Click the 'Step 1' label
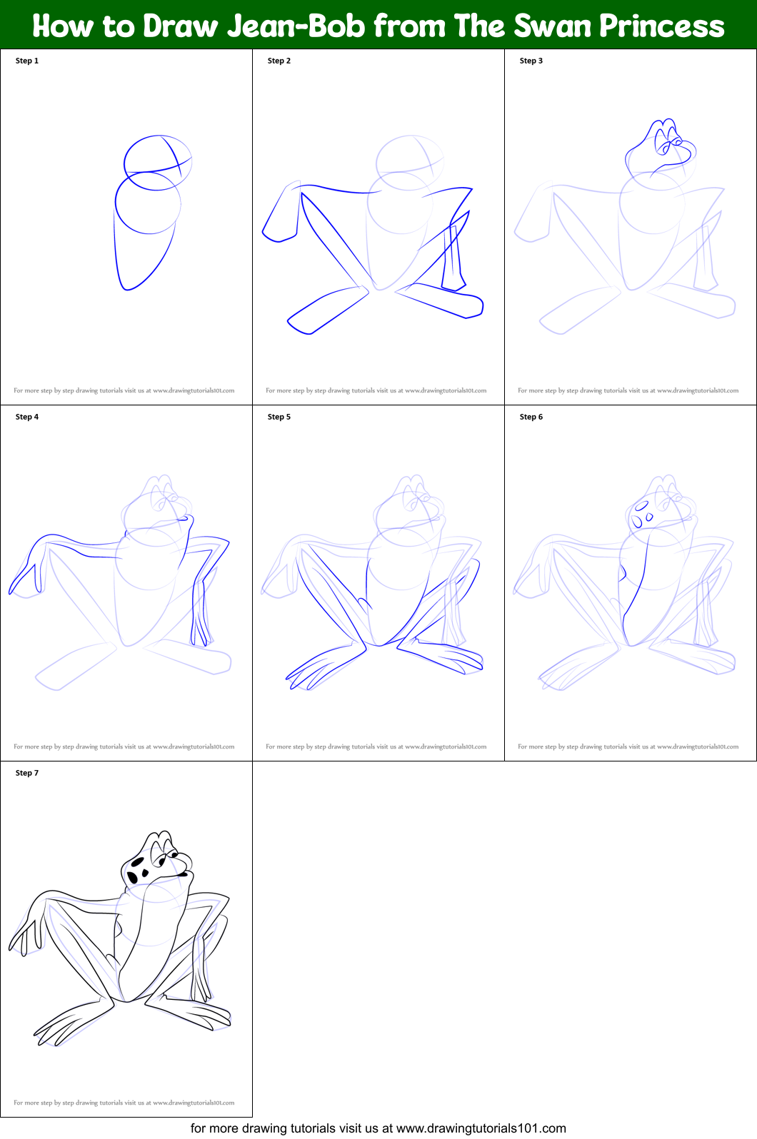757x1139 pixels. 27,61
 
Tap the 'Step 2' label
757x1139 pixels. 279,61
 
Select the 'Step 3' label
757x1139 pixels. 531,61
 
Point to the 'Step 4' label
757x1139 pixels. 27,417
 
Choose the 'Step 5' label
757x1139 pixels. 279,417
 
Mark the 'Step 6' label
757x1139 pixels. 531,417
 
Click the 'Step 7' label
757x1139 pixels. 27,773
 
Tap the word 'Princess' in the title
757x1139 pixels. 661,26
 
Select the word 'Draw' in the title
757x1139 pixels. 180,26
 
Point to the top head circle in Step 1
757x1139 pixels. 158,163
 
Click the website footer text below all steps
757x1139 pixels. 378,1128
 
